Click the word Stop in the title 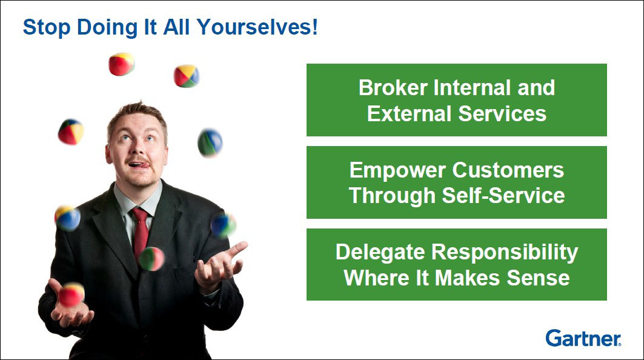47,27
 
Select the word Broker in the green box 393,87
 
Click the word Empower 397,170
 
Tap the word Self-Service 503,195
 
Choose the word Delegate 380,253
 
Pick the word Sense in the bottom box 538,278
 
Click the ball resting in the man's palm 71,295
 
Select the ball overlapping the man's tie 151,259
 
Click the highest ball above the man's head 122,64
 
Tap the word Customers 508,170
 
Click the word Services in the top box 502,113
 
